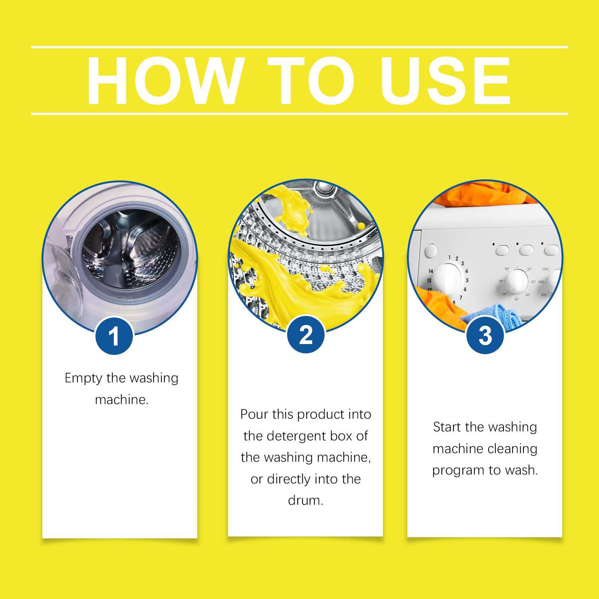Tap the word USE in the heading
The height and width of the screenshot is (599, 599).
click(446, 81)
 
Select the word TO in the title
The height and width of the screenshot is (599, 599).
click(311, 81)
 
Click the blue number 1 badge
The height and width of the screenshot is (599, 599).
click(114, 336)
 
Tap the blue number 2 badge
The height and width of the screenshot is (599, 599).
click(306, 334)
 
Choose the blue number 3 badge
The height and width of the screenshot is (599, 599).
click(485, 335)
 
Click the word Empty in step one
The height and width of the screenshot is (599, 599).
click(83, 378)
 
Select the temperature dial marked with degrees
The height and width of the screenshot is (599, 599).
click(517, 281)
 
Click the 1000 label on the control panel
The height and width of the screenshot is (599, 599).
click(545, 269)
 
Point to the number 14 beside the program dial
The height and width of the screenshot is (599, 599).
click(431, 271)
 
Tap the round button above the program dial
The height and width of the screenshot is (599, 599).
click(431, 250)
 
